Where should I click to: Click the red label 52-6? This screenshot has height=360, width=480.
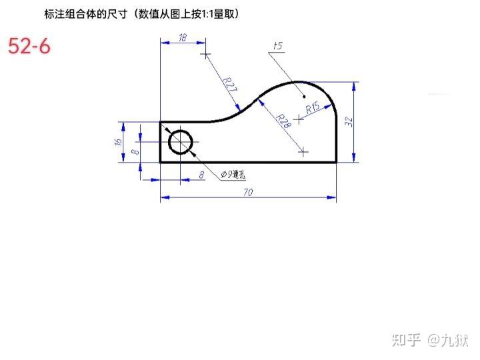29,46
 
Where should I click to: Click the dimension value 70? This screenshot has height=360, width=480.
248,192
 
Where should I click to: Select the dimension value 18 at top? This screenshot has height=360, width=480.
183,38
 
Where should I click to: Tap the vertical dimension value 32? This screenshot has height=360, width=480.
348,121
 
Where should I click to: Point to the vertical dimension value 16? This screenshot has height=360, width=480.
118,141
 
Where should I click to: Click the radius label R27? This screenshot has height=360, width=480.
229,86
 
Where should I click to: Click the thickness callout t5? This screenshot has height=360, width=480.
278,46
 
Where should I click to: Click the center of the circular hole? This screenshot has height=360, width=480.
181,142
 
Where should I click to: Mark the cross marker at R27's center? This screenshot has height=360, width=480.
205,53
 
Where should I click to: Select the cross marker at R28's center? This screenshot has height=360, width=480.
304,152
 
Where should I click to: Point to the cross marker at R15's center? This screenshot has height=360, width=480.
299,121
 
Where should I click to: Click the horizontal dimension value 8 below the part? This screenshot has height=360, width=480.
201,175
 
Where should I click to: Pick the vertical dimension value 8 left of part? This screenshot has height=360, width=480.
135,151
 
